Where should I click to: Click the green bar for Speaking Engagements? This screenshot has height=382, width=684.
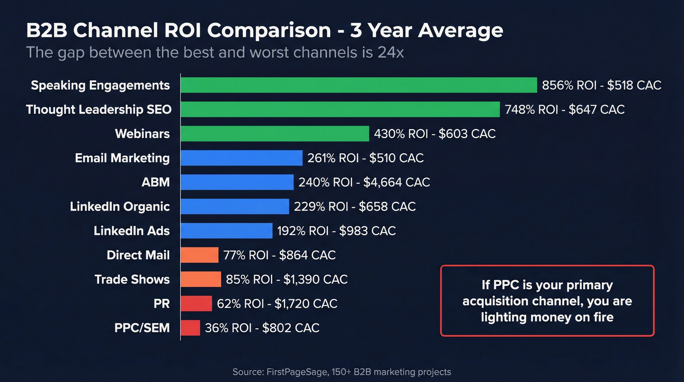tap(359, 85)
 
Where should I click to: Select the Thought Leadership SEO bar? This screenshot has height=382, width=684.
tap(340, 110)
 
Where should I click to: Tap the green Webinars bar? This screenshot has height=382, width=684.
tap(275, 134)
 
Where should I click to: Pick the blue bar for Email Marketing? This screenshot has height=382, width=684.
tap(241, 158)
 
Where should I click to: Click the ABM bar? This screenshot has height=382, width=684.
tap(237, 182)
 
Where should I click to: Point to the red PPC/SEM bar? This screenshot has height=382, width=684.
tap(191, 328)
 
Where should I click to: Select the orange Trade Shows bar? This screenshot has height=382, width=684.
tap(201, 279)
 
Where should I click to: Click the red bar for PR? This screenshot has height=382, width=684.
tap(196, 304)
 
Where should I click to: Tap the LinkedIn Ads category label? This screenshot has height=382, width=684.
tap(132, 230)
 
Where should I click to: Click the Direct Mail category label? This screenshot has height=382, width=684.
tap(138, 255)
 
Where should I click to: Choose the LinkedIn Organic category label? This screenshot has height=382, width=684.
tap(120, 206)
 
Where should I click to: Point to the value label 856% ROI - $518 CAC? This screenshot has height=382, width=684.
tap(601, 86)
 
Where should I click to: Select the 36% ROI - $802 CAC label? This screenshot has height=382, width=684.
tap(262, 328)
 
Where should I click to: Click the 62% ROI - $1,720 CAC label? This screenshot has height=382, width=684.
tap(277, 304)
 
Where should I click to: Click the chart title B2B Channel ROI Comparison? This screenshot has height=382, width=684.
tap(264, 30)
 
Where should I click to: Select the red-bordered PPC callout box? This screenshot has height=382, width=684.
tap(547, 301)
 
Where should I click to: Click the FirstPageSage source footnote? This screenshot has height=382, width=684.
tap(342, 372)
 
